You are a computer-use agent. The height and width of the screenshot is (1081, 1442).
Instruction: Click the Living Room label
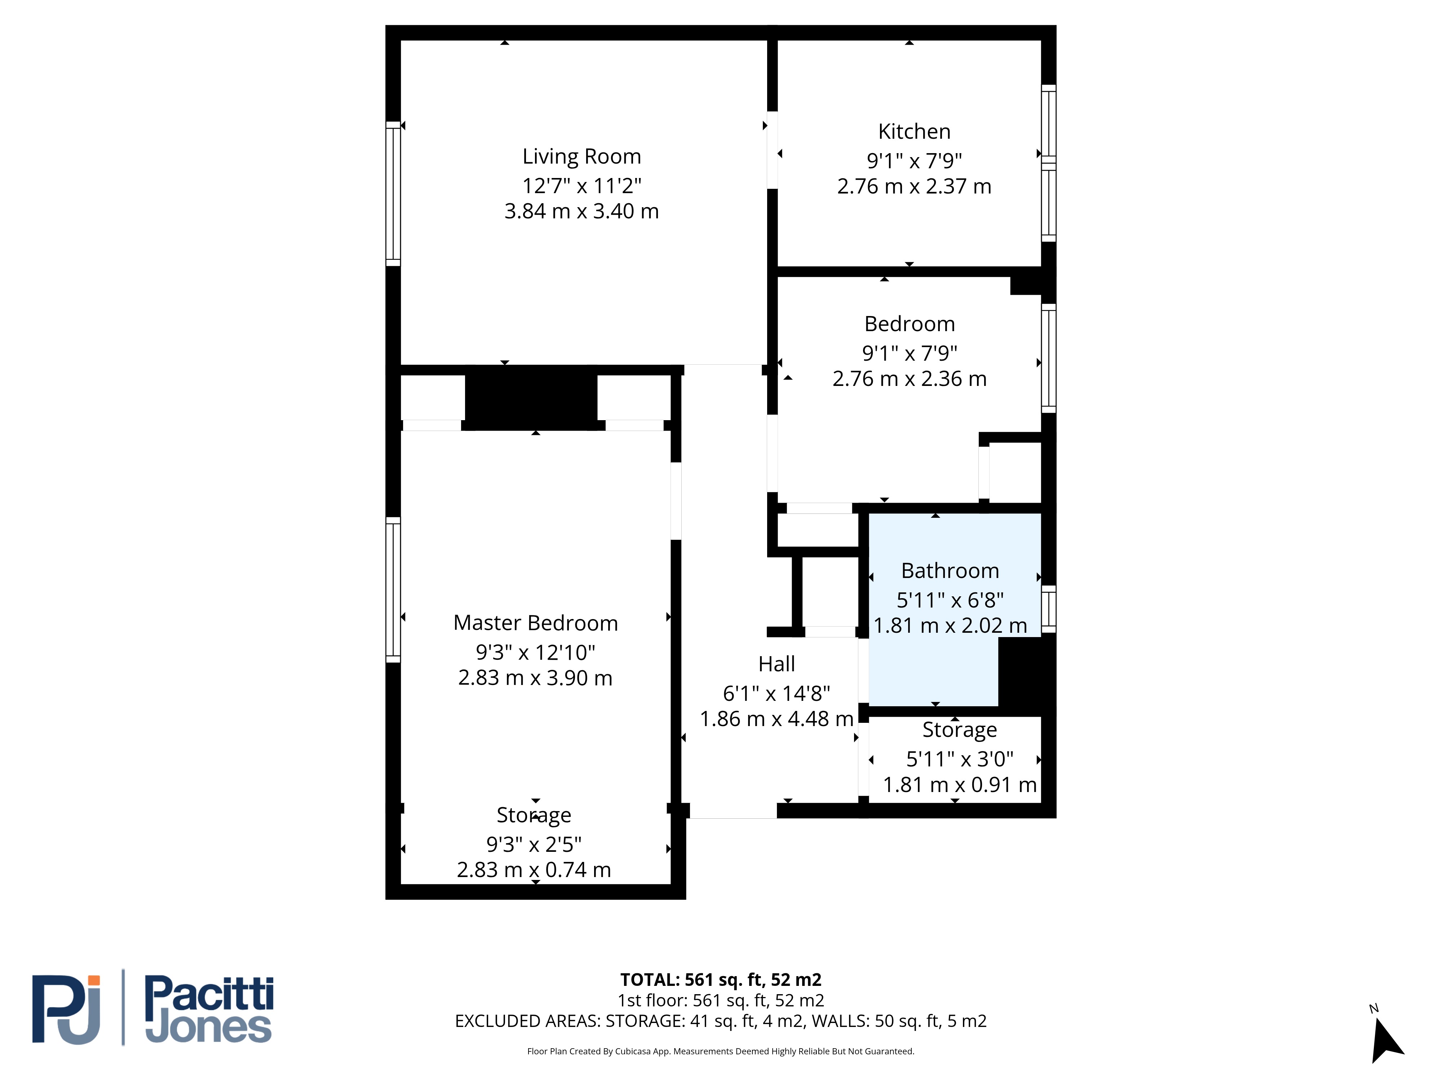[x=581, y=157]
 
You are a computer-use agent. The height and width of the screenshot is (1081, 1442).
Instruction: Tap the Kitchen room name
[x=914, y=132]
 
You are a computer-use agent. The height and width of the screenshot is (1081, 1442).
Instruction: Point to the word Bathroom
[x=950, y=571]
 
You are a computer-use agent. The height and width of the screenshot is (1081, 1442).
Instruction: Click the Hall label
[x=777, y=664]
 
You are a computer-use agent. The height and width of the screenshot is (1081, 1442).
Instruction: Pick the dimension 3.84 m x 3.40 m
[x=581, y=211]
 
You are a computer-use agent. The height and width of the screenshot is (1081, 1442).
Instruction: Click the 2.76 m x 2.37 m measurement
[x=914, y=186]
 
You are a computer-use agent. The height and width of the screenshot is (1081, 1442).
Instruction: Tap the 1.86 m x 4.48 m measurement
[x=777, y=719]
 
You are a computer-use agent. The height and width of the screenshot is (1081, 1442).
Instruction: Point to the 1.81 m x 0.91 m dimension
[x=960, y=784]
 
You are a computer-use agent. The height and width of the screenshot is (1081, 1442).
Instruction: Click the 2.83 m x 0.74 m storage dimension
[x=534, y=870]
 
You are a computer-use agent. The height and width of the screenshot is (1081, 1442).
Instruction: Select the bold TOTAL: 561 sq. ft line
[x=720, y=980]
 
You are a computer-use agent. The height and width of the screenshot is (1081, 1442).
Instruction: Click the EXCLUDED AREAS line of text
[x=720, y=1021]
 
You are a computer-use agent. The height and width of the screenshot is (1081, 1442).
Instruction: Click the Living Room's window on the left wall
[x=393, y=193]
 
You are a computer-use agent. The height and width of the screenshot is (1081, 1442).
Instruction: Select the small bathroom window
[x=1048, y=609]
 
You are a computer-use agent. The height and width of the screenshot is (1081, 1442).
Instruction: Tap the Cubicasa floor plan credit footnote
[x=720, y=1051]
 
